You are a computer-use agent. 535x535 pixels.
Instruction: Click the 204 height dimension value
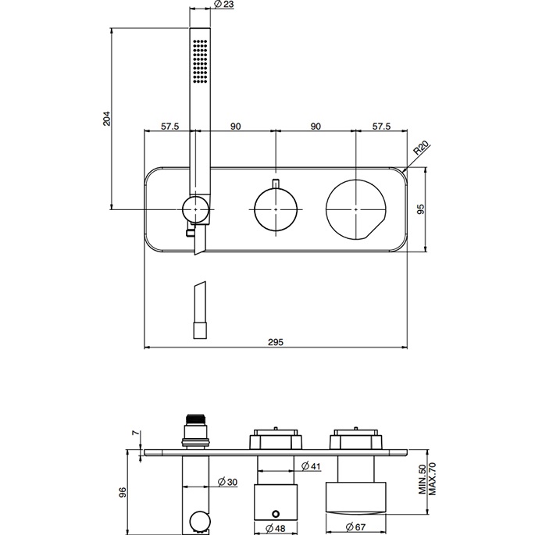pos(108,119)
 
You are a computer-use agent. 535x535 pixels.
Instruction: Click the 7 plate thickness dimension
pos(134,430)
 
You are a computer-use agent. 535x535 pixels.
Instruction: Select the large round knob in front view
pos(355,209)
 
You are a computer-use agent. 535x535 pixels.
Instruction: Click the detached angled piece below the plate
pos(198,307)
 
